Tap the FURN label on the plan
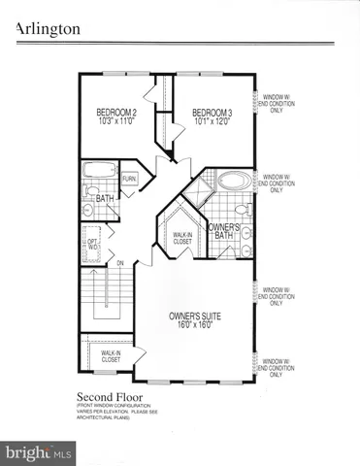click(129, 181)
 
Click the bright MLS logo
click(38, 452)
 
